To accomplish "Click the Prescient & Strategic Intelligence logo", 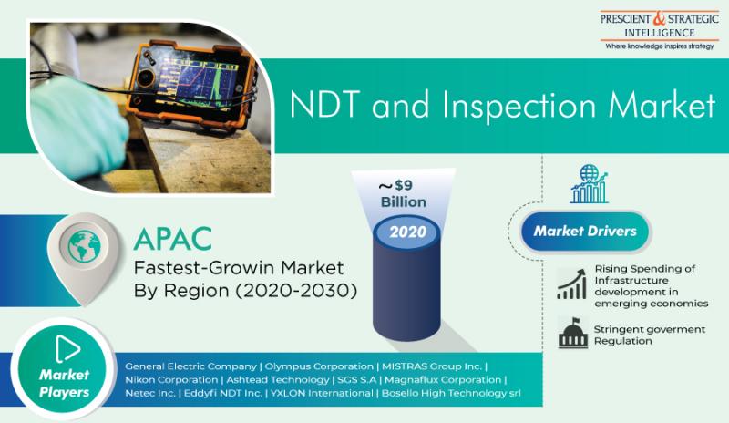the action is [659, 31].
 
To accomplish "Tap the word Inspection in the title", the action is [519, 105].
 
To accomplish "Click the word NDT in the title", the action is [324, 104].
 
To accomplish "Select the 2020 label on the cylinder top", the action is [407, 232].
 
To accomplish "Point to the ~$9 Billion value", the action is [404, 193].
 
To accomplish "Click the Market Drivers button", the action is [585, 232].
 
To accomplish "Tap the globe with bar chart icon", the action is [589, 184].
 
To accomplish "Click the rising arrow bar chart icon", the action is [571, 284].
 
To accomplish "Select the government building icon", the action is [573, 332].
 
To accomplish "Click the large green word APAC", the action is [173, 239].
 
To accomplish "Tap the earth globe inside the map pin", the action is [84, 246].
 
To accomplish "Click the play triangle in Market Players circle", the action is [67, 348].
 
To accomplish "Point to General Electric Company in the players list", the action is [190, 366].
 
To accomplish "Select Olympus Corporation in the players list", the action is [319, 366].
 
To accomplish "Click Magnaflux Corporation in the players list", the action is [443, 380].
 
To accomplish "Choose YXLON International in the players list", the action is [322, 393].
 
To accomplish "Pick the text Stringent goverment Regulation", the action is [650, 335].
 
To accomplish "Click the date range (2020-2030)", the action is [296, 291].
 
